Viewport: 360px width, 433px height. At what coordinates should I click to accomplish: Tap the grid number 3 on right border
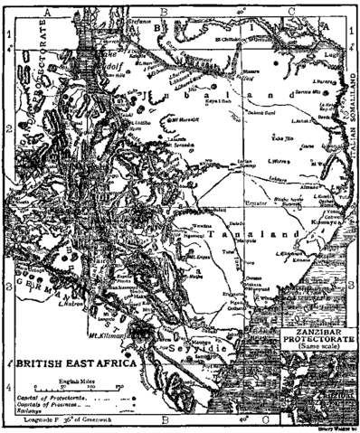point(355,287)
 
